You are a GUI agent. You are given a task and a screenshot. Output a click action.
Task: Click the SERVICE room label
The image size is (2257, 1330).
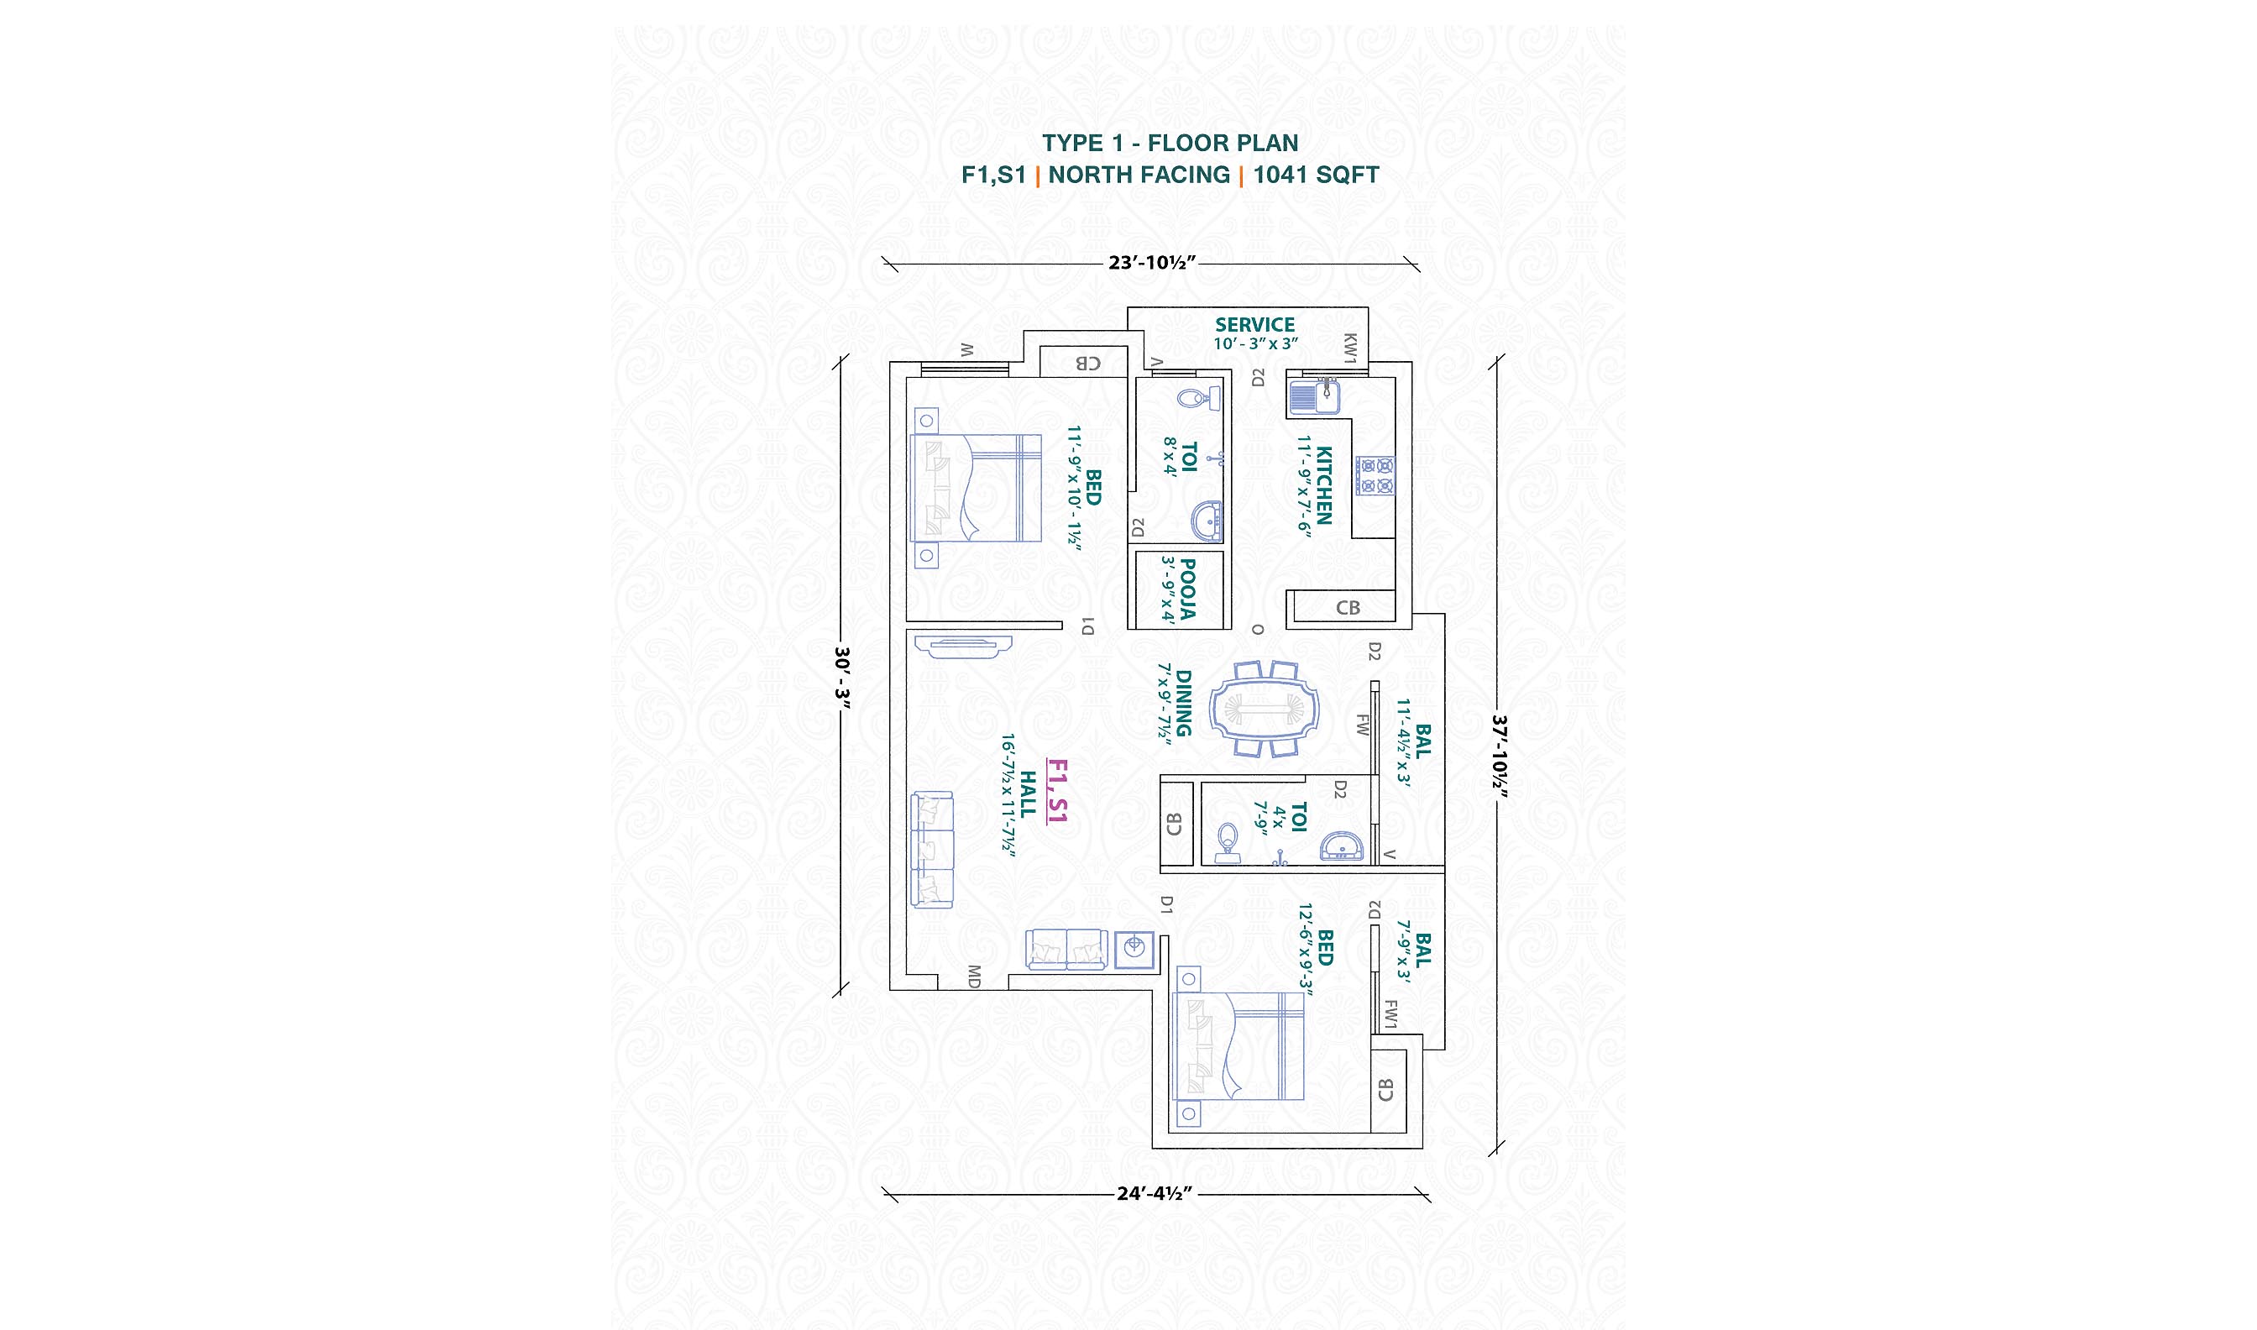[1254, 324]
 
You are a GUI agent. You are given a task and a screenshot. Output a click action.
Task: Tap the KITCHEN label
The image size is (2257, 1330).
[1324, 484]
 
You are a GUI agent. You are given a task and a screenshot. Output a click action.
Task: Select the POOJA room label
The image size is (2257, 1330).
[1187, 589]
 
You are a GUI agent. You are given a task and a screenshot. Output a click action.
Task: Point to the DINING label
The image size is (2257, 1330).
[1184, 703]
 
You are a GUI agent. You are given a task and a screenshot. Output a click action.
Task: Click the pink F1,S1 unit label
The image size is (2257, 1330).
[1057, 790]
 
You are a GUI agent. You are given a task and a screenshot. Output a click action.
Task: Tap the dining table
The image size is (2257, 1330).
[1265, 709]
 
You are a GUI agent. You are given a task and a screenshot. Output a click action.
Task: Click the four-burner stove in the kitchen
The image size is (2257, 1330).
[1375, 476]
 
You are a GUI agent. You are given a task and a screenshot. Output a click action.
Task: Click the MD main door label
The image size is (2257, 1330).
[974, 976]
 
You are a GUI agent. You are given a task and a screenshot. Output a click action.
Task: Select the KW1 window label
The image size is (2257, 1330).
[1350, 348]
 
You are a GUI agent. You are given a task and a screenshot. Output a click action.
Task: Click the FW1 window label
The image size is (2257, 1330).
[1390, 1014]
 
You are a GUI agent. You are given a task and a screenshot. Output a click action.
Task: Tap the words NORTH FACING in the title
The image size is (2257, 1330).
[1139, 175]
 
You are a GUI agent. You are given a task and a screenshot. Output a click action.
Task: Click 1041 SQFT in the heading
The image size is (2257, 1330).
[1317, 175]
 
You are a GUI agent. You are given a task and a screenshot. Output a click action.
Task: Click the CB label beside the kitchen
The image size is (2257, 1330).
[1348, 608]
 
